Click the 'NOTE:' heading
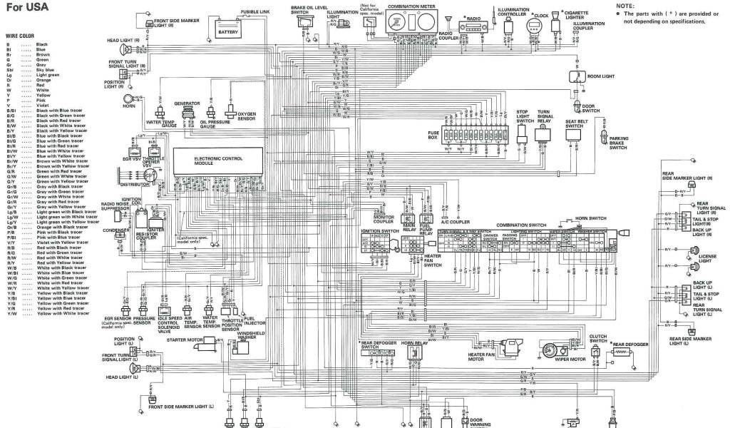tap(624, 5)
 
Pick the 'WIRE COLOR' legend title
tap(21, 34)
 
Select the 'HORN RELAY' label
tap(413, 343)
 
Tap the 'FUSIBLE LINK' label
tap(255, 13)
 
